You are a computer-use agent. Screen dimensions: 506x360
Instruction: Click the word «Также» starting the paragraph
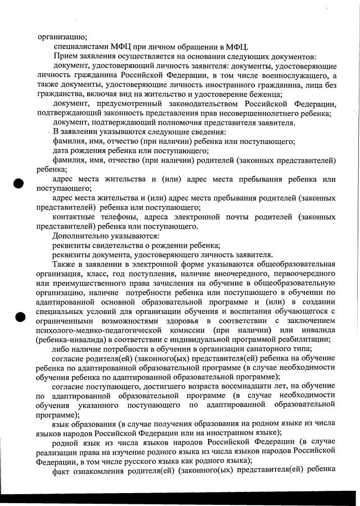65,264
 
